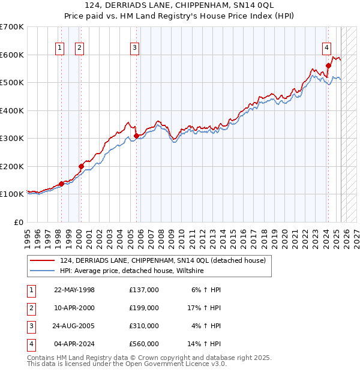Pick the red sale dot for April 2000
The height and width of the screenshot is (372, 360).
point(81,166)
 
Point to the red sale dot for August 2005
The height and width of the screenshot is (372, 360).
point(136,136)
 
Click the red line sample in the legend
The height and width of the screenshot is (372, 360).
point(43,260)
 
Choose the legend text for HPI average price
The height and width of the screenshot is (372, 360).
point(132,271)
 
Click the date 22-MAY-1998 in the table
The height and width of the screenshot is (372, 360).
point(74,290)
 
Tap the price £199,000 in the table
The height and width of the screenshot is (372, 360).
point(143,308)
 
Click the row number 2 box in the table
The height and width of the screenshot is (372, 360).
point(31,308)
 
